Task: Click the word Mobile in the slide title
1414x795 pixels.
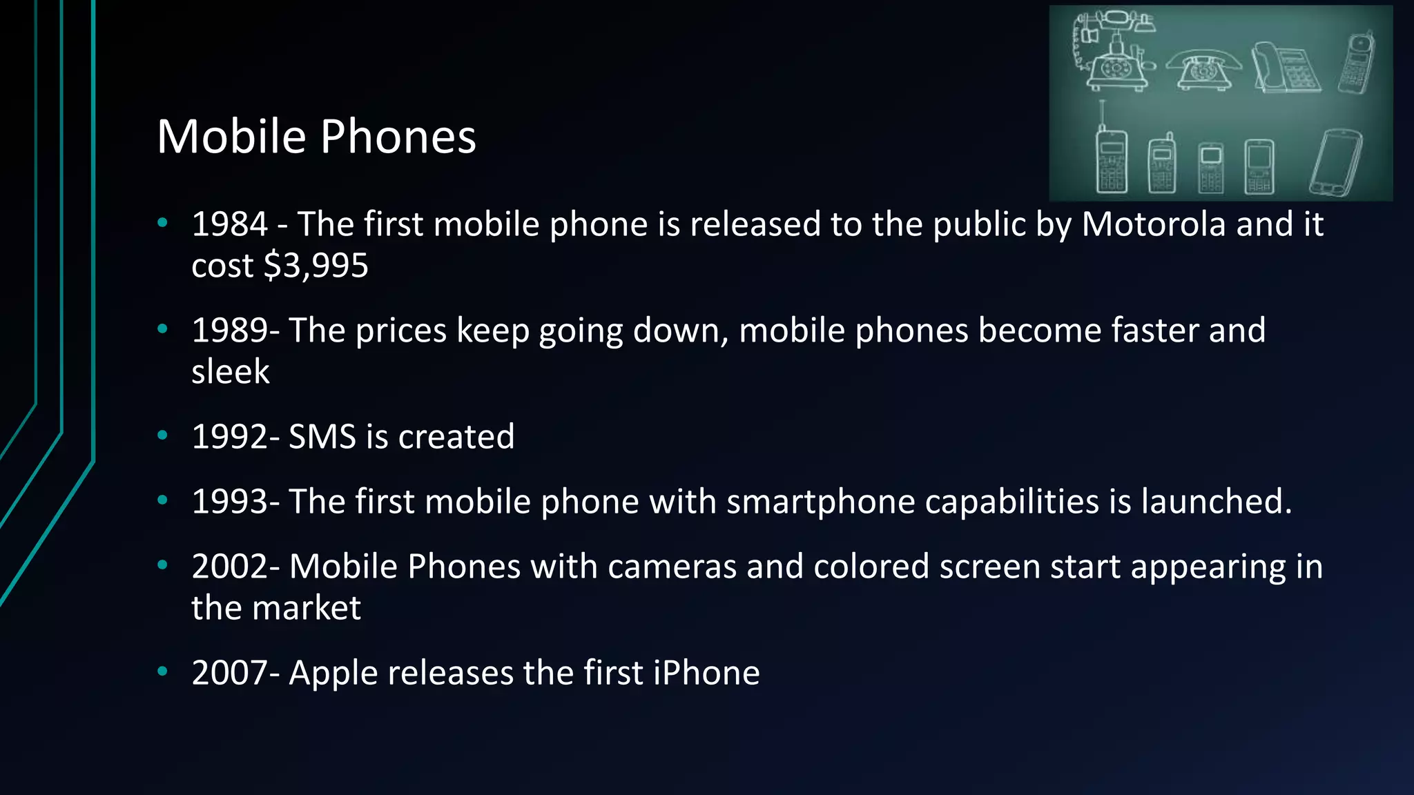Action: [x=231, y=136]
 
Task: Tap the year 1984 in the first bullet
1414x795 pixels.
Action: [x=229, y=224]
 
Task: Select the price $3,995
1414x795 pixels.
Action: [x=316, y=266]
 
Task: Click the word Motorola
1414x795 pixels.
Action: [x=1154, y=224]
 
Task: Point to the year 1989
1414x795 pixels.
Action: [x=229, y=331]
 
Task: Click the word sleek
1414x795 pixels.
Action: [x=230, y=372]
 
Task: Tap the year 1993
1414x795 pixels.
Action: [x=229, y=502]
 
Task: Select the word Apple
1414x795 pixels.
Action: [x=333, y=673]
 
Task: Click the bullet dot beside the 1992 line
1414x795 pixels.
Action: [x=163, y=435]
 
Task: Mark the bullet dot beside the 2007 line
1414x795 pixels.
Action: [x=163, y=671]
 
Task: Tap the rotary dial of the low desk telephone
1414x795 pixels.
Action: [x=1203, y=70]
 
